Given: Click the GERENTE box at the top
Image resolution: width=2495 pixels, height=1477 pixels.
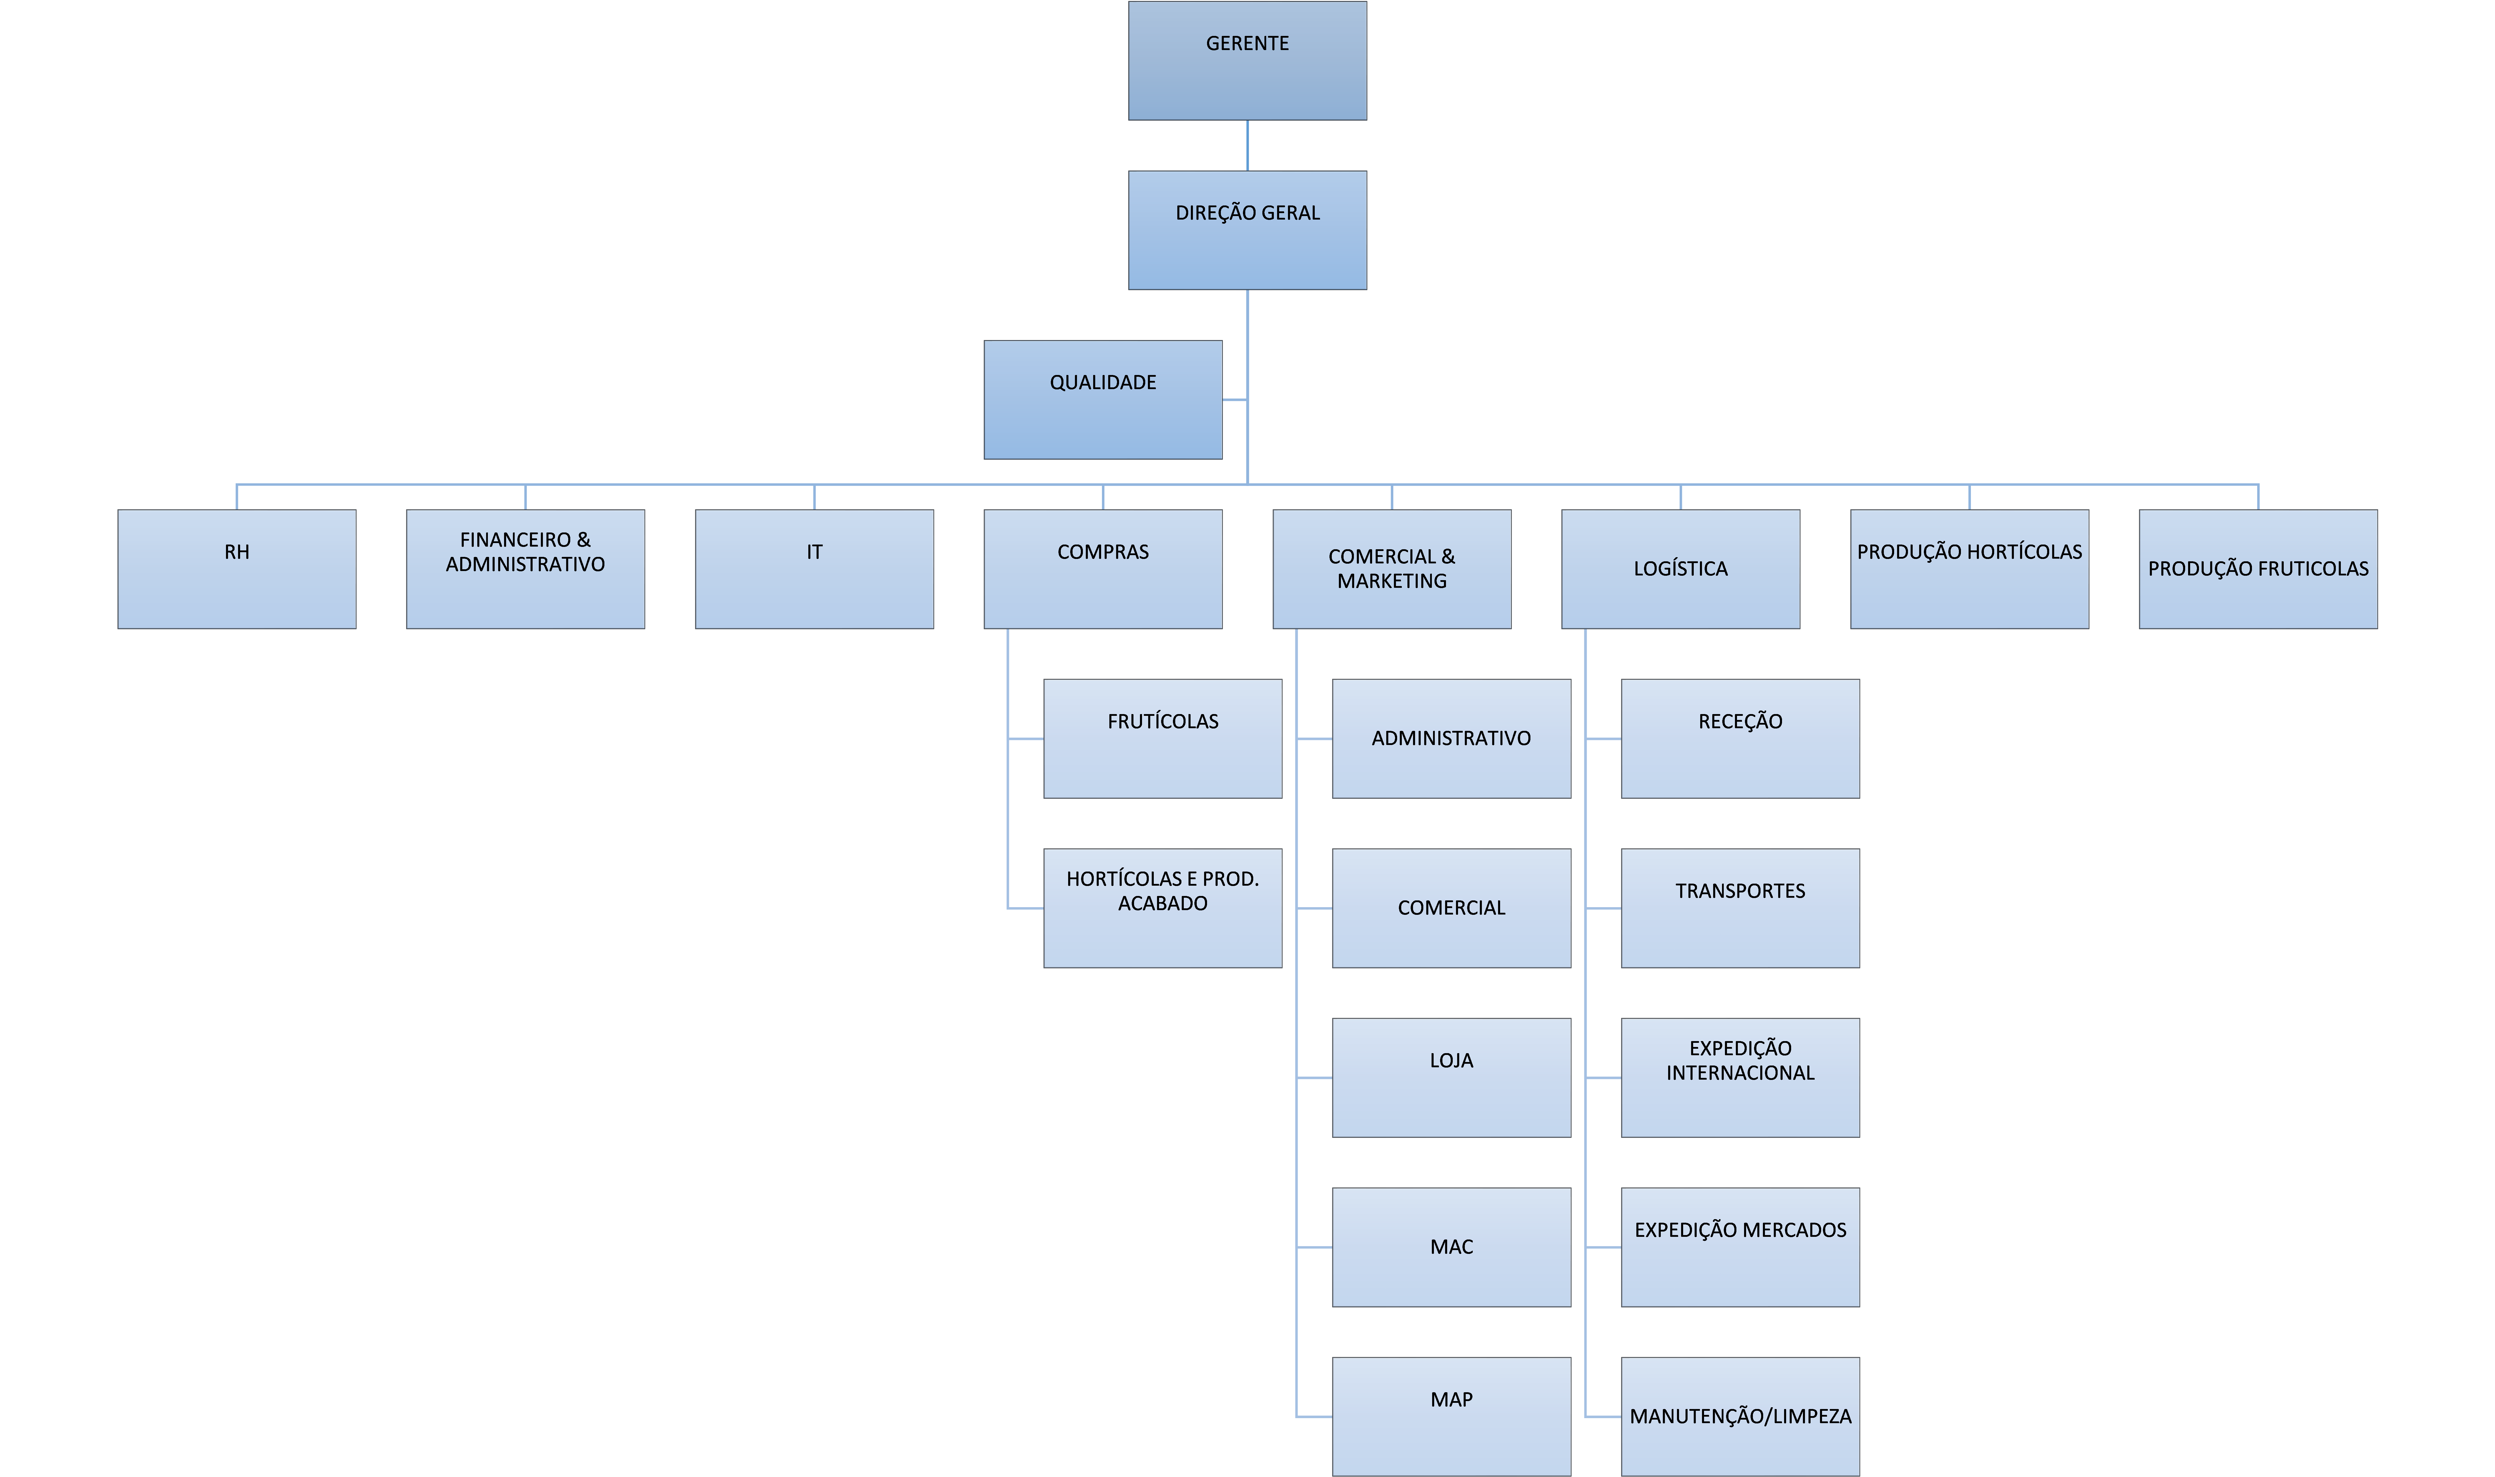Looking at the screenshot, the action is (x=1248, y=61).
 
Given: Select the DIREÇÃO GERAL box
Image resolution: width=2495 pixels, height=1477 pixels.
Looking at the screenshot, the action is (x=1248, y=230).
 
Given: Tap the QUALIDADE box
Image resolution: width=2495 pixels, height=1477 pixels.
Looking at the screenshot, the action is (x=1103, y=399).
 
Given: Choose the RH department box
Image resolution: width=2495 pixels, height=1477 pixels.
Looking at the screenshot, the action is (x=237, y=569).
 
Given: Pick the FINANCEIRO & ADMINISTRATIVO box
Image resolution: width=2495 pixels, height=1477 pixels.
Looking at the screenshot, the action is (x=525, y=569).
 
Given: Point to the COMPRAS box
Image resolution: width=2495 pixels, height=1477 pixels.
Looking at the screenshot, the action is (x=1103, y=569).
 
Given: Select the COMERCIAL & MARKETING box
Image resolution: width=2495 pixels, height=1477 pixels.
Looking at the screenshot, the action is (x=1392, y=569).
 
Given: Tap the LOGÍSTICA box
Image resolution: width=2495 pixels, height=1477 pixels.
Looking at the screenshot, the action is (x=1680, y=569).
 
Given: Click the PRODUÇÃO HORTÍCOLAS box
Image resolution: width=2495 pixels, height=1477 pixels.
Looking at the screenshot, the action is (x=1970, y=569).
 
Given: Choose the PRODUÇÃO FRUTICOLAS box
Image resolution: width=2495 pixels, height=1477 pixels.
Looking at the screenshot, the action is (x=2258, y=569).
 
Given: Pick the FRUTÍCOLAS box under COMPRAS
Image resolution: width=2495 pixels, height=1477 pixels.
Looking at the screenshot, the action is (x=1163, y=738).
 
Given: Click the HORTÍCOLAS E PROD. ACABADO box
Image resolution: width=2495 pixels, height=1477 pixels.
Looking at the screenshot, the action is (x=1163, y=908).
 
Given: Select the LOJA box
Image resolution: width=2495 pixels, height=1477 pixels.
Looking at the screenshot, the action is (x=1452, y=1078).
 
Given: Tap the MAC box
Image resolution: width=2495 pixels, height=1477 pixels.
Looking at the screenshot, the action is (x=1452, y=1247).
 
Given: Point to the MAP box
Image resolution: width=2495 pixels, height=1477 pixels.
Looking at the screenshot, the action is (x=1452, y=1416).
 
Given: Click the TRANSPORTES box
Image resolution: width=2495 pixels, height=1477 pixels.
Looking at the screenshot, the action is (x=1740, y=908).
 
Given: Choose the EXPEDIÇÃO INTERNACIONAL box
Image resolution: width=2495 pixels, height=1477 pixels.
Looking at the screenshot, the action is (x=1740, y=1078).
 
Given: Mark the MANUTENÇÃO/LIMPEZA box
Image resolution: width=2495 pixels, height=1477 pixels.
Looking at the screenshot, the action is (x=1740, y=1416).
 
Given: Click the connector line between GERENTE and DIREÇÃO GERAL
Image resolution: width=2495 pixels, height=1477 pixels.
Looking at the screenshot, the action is (x=1248, y=145).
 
